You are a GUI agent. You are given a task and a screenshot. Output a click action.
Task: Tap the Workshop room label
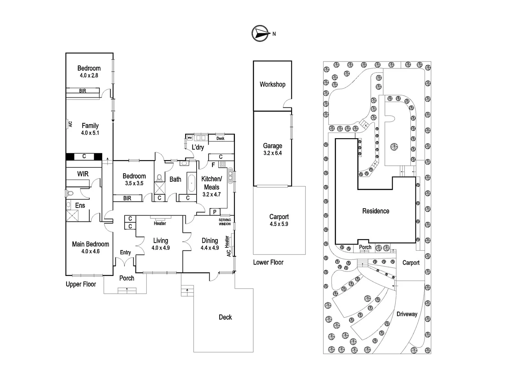click(x=272, y=84)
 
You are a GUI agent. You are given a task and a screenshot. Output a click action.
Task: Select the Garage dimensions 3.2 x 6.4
click(x=272, y=153)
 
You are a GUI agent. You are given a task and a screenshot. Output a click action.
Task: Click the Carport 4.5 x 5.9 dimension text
click(x=279, y=224)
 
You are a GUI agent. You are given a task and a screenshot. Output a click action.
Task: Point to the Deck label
click(x=225, y=317)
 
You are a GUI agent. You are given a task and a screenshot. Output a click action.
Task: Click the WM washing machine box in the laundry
click(x=190, y=138)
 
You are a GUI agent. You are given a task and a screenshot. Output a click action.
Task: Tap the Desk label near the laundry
click(x=220, y=138)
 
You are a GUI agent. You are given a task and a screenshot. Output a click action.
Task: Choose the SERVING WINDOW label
click(x=225, y=222)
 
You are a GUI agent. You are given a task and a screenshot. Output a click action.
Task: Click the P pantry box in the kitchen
click(x=215, y=212)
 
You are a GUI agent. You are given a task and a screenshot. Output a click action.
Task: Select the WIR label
click(x=83, y=174)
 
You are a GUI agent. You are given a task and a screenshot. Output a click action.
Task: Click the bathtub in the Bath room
click(x=191, y=183)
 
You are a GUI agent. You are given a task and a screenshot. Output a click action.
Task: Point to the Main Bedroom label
click(x=90, y=244)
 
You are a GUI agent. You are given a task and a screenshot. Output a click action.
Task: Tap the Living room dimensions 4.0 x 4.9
click(x=160, y=248)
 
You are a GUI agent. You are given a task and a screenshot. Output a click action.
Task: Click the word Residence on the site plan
click(x=376, y=211)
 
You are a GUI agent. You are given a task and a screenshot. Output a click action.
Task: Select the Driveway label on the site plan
click(x=407, y=314)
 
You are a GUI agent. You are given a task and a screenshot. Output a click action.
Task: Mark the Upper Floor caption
click(x=81, y=285)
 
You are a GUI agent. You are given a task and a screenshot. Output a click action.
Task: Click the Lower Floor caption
click(x=268, y=262)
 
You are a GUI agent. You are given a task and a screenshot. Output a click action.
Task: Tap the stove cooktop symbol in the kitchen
click(x=222, y=164)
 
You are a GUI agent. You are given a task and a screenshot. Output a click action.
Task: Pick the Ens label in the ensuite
click(x=80, y=205)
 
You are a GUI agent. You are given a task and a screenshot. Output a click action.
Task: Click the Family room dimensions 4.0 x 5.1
click(x=90, y=133)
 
